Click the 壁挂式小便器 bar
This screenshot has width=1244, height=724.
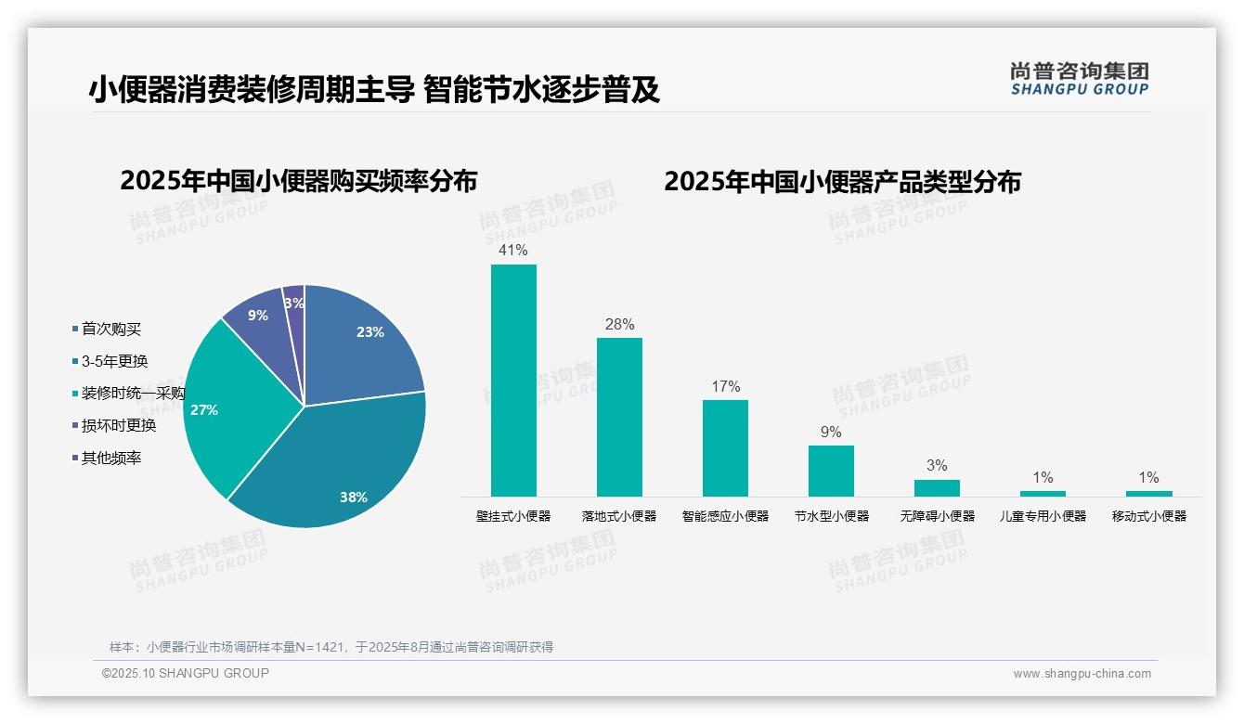point(513,381)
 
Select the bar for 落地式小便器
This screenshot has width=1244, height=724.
point(619,417)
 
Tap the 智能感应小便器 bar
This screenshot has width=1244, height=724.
point(725,447)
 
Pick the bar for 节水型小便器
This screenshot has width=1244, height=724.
point(831,471)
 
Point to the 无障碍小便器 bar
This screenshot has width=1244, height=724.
point(937,487)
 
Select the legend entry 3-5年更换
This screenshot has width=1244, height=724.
point(114,361)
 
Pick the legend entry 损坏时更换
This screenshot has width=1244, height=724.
point(119,426)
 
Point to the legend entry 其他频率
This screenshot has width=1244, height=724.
point(111,459)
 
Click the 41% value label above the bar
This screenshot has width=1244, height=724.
point(513,251)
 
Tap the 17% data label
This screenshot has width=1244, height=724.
point(725,386)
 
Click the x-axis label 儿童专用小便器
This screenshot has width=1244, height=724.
point(1043,516)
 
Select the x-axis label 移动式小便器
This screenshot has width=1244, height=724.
point(1149,516)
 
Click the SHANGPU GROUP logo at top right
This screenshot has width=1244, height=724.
point(1080,78)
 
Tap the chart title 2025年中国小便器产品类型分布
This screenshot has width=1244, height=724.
point(842,182)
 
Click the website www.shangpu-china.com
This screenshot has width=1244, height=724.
point(1082,674)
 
